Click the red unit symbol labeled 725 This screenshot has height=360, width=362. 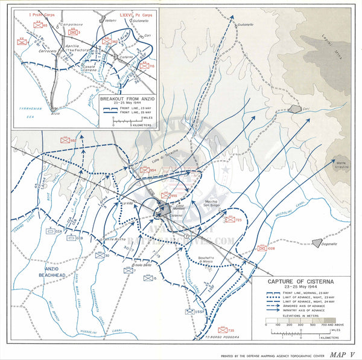pos(229,220)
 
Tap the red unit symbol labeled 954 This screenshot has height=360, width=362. pos(145,170)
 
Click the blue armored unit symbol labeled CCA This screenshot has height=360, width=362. pos(51,230)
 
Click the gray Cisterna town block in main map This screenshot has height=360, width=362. pos(163,209)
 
